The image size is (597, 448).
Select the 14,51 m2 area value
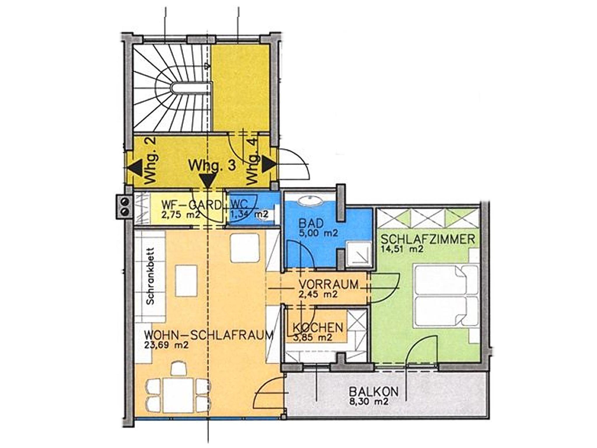click(x=402, y=249)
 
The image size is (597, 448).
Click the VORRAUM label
click(x=329, y=284)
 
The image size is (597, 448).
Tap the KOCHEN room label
click(x=318, y=328)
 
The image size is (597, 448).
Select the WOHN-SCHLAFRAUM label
click(x=209, y=336)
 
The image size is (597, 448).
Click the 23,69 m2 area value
click(x=166, y=346)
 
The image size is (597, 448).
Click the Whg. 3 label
click(x=212, y=165)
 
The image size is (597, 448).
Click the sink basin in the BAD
click(x=310, y=200)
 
